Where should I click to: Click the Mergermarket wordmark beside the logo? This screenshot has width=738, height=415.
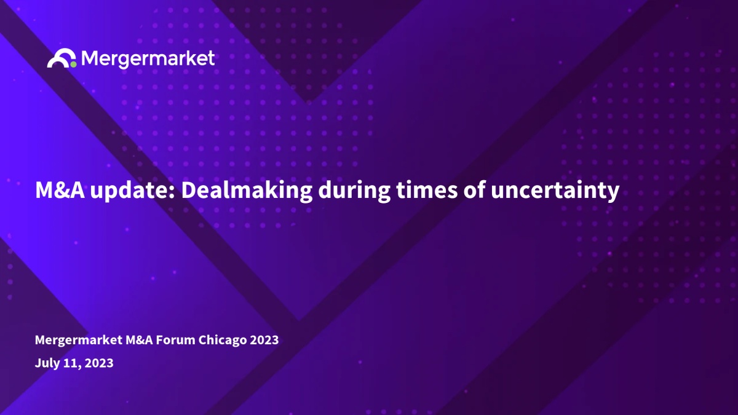pyautogui.click(x=148, y=58)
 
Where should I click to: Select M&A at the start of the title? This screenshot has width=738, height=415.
pyautogui.click(x=60, y=190)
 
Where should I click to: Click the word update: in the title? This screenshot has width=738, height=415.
pyautogui.click(x=133, y=191)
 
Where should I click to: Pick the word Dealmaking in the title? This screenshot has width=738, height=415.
pyautogui.click(x=247, y=191)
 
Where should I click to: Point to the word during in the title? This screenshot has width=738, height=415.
pyautogui.click(x=354, y=191)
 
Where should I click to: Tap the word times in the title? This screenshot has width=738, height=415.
pyautogui.click(x=427, y=191)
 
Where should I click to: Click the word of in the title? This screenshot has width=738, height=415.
pyautogui.click(x=474, y=190)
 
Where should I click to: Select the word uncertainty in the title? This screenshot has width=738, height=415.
pyautogui.click(x=555, y=192)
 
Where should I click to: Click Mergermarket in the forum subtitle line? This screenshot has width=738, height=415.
pyautogui.click(x=79, y=340)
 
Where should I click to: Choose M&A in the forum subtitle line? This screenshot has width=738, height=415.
pyautogui.click(x=140, y=340)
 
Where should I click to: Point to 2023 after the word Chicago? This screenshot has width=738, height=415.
pyautogui.click(x=264, y=340)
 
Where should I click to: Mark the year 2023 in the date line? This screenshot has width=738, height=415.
pyautogui.click(x=99, y=363)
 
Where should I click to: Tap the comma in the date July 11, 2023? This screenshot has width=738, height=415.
pyautogui.click(x=79, y=367)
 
